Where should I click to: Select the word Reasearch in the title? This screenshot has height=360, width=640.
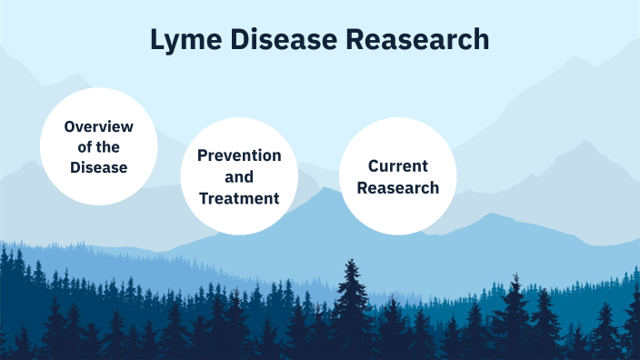point(422,40)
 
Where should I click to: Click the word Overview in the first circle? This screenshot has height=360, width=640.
point(99,126)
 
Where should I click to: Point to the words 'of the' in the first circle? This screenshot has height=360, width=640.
point(99,147)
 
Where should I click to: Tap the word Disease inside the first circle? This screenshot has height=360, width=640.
point(99,168)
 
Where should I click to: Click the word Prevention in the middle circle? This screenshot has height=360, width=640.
point(239,155)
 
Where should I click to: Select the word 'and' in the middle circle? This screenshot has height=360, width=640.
point(239,176)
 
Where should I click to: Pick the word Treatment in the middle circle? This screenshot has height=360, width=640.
point(239,197)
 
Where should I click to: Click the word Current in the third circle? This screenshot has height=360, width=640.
point(398,166)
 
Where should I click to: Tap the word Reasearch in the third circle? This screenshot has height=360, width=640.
point(398,187)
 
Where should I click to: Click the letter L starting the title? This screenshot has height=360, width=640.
point(156,40)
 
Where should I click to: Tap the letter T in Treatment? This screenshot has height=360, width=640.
point(204,197)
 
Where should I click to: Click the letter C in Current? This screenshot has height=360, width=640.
point(374,166)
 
